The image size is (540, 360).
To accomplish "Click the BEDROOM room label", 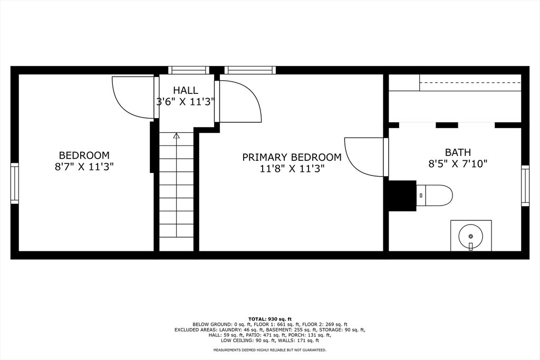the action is [x=84, y=155].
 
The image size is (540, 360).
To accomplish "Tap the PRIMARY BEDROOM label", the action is [x=292, y=157].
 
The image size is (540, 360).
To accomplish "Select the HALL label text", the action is [x=186, y=91].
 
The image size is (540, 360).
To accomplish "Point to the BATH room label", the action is [x=458, y=152].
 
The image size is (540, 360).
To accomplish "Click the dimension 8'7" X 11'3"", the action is [x=84, y=167].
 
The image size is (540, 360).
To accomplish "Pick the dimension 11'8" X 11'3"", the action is [x=292, y=169].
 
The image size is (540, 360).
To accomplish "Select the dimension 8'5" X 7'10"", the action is [x=458, y=163].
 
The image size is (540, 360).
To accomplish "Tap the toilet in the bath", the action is [x=434, y=196].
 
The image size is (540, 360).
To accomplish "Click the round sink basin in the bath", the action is [x=471, y=236].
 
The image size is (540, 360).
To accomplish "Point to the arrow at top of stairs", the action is [x=177, y=135].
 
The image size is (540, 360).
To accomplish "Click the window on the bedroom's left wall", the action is [x=14, y=183].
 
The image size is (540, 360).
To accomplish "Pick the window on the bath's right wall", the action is [x=525, y=186].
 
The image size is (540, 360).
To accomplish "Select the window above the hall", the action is [x=189, y=70].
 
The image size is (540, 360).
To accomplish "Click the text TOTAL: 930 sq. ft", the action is [x=270, y=319].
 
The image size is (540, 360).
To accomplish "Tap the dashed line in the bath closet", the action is [x=470, y=83].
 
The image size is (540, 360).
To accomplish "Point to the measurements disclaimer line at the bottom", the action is [x=270, y=350].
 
